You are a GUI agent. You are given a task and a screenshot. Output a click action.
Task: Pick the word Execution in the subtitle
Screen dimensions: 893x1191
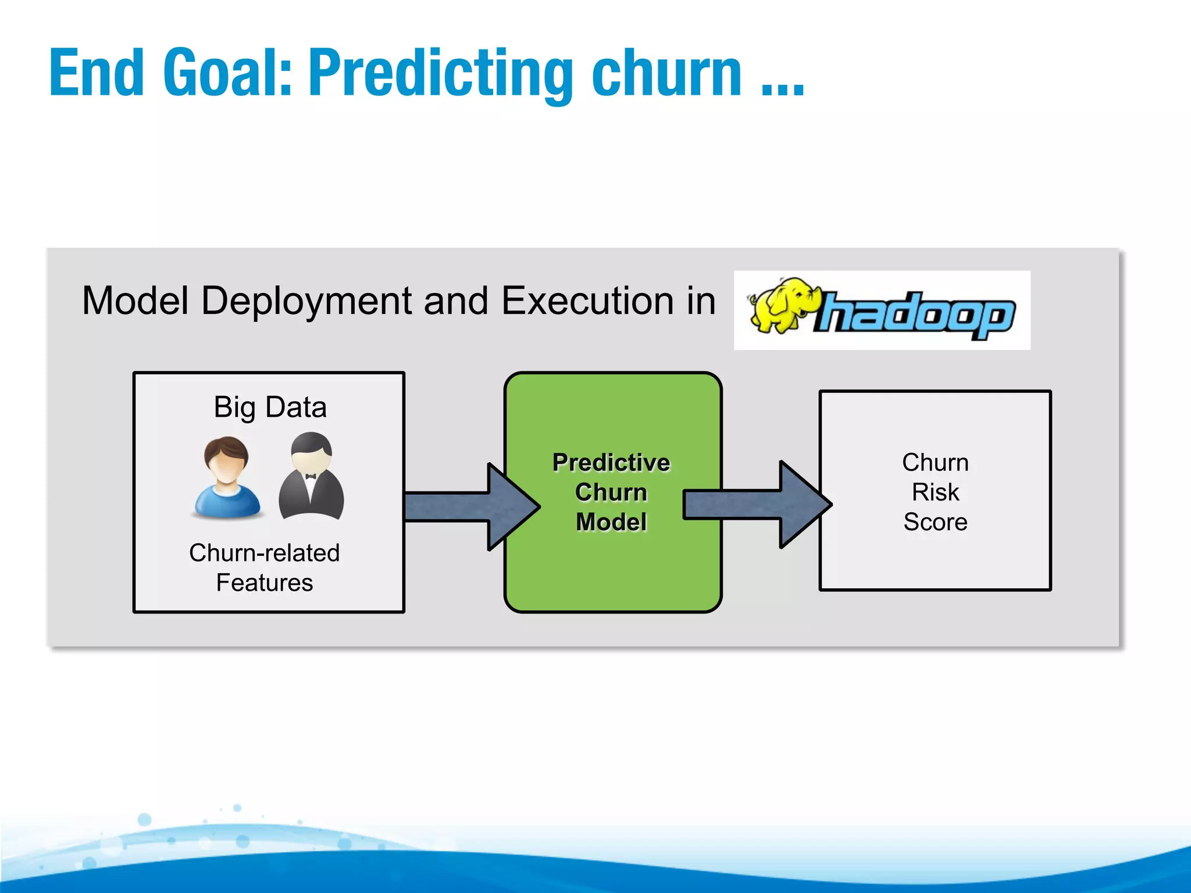(587, 301)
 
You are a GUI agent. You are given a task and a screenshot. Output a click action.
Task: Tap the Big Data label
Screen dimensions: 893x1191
(270, 407)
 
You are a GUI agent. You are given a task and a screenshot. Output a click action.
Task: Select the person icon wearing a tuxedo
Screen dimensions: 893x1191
(311, 477)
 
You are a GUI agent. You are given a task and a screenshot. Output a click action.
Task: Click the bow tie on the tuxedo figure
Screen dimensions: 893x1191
(311, 477)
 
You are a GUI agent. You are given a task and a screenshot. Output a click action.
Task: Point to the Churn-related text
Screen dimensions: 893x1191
(264, 553)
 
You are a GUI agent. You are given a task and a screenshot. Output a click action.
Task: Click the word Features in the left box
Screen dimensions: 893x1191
(265, 583)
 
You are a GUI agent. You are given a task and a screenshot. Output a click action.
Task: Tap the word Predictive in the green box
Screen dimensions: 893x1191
(611, 463)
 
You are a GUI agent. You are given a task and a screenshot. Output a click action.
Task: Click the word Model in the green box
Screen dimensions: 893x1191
(611, 522)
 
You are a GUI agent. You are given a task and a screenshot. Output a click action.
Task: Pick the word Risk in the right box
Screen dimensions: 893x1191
(935, 492)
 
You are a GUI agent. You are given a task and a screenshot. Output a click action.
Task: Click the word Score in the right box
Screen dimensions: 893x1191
(935, 522)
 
